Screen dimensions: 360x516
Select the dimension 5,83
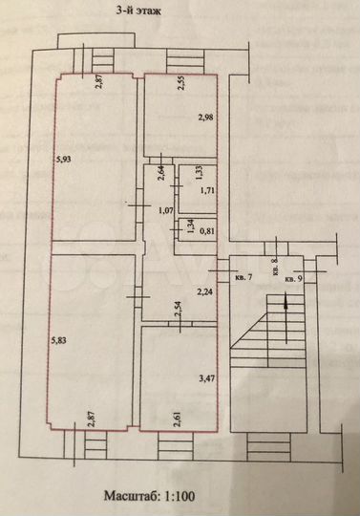coord(59,338)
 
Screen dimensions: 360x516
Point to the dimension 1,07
coord(164,210)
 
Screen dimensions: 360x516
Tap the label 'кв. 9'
coord(293,278)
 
